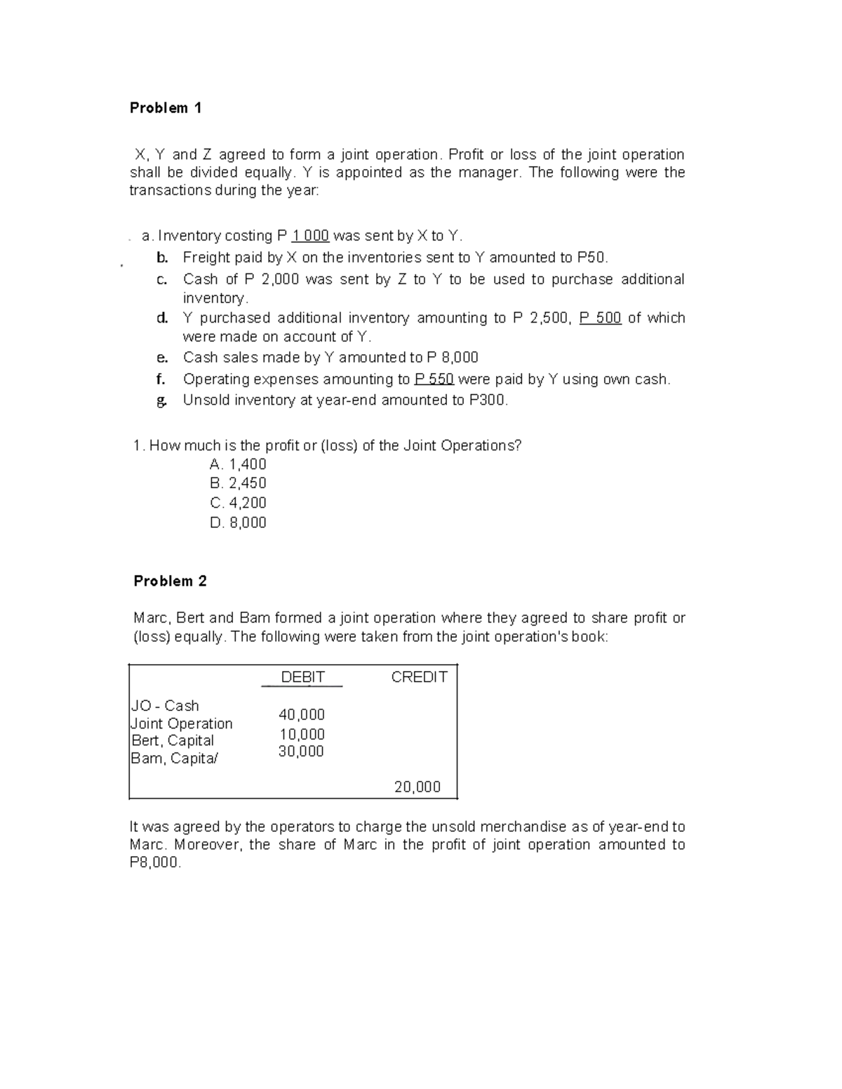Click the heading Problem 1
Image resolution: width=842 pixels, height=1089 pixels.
166,108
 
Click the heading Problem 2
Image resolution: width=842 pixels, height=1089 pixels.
170,581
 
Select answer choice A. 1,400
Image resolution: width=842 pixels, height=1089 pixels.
238,464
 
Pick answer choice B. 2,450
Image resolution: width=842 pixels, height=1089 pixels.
238,483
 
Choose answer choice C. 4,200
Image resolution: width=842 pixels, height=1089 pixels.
238,503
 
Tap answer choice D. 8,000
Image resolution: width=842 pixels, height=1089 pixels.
238,522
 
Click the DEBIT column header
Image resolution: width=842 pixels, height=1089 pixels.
302,677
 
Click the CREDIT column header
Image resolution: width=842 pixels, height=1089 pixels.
419,677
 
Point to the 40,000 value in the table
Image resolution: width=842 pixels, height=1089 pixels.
302,715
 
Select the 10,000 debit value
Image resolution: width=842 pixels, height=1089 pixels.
302,734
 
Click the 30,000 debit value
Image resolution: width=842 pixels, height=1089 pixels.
301,751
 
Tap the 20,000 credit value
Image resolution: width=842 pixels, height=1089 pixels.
417,787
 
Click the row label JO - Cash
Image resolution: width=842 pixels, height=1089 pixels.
165,705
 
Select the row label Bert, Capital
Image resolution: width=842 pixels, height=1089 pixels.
173,740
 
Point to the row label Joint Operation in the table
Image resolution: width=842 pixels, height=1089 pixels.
182,723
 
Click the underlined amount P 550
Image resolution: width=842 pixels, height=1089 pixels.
434,379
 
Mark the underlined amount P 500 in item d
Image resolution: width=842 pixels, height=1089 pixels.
600,318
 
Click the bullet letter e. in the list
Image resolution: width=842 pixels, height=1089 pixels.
162,358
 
